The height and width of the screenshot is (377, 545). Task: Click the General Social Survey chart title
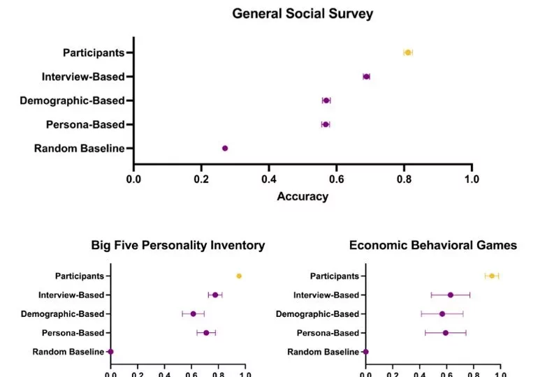click(x=303, y=13)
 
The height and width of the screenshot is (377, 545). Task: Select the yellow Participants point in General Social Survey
click(x=408, y=52)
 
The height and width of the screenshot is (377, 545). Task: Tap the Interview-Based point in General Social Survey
click(x=366, y=77)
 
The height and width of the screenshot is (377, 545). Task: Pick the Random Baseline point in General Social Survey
click(x=225, y=148)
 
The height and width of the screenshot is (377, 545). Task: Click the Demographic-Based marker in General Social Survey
click(x=326, y=101)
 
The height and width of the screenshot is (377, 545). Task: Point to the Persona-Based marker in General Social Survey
click(x=326, y=124)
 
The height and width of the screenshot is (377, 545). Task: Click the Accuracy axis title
click(x=303, y=196)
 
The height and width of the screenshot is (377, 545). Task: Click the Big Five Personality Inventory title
click(x=178, y=245)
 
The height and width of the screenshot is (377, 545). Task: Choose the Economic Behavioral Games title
click(x=433, y=245)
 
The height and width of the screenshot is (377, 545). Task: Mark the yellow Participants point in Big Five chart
click(x=239, y=276)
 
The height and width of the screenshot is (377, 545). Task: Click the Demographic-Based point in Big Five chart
click(x=194, y=314)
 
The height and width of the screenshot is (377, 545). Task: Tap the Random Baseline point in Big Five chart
click(x=111, y=352)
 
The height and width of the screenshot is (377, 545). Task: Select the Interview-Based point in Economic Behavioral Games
click(x=451, y=295)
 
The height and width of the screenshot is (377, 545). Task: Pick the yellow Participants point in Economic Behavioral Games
click(x=492, y=276)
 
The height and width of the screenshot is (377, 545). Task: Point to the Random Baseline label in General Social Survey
click(x=79, y=148)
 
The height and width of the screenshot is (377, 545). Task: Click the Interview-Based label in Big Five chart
click(x=71, y=295)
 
